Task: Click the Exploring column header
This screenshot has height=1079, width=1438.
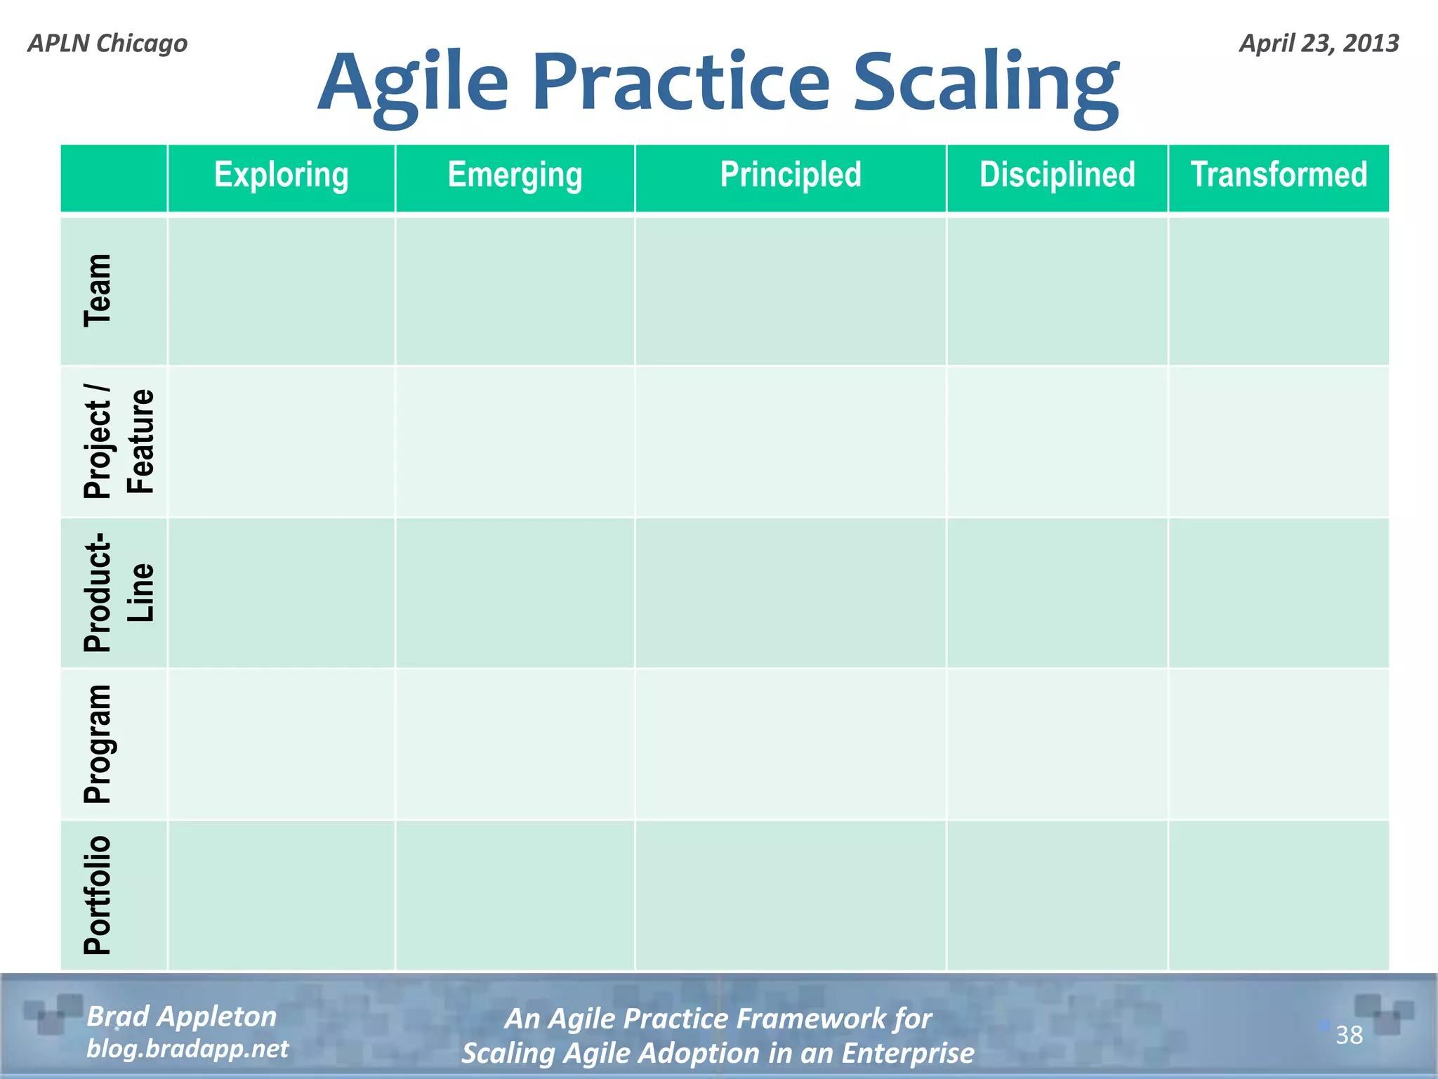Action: [x=281, y=175]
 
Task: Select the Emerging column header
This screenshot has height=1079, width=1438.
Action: [x=515, y=175]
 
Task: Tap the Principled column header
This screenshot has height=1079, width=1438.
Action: [x=791, y=175]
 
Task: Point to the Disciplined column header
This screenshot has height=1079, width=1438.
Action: [x=1057, y=175]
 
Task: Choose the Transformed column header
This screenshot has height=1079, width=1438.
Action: [x=1279, y=175]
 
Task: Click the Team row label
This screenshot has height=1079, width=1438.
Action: [x=98, y=291]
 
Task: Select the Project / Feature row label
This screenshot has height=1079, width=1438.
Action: [x=118, y=442]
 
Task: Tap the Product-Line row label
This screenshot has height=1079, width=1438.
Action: [x=118, y=593]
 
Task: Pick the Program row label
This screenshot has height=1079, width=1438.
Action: [x=98, y=744]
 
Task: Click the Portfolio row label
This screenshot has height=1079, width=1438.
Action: [x=98, y=895]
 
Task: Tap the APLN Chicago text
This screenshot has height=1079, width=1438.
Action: [x=107, y=44]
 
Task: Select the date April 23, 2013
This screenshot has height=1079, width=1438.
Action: [x=1319, y=44]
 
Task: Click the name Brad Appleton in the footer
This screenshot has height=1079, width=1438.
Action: [x=181, y=1016]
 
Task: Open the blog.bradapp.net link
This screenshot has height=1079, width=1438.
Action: [x=187, y=1049]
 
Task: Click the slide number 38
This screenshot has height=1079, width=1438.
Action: [x=1349, y=1035]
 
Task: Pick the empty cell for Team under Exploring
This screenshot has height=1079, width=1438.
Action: [x=281, y=291]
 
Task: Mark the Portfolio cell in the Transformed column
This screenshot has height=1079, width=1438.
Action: [x=1279, y=895]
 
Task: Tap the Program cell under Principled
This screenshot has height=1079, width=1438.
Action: [x=791, y=744]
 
